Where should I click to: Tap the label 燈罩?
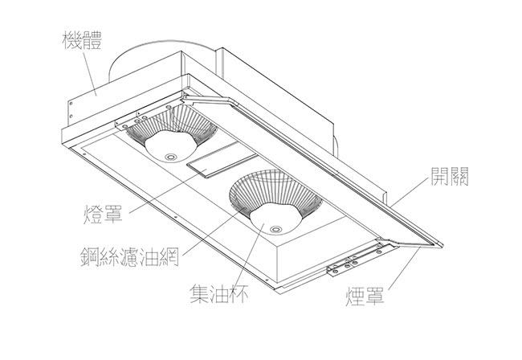click(101, 215)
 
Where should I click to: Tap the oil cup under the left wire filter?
click(170, 148)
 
